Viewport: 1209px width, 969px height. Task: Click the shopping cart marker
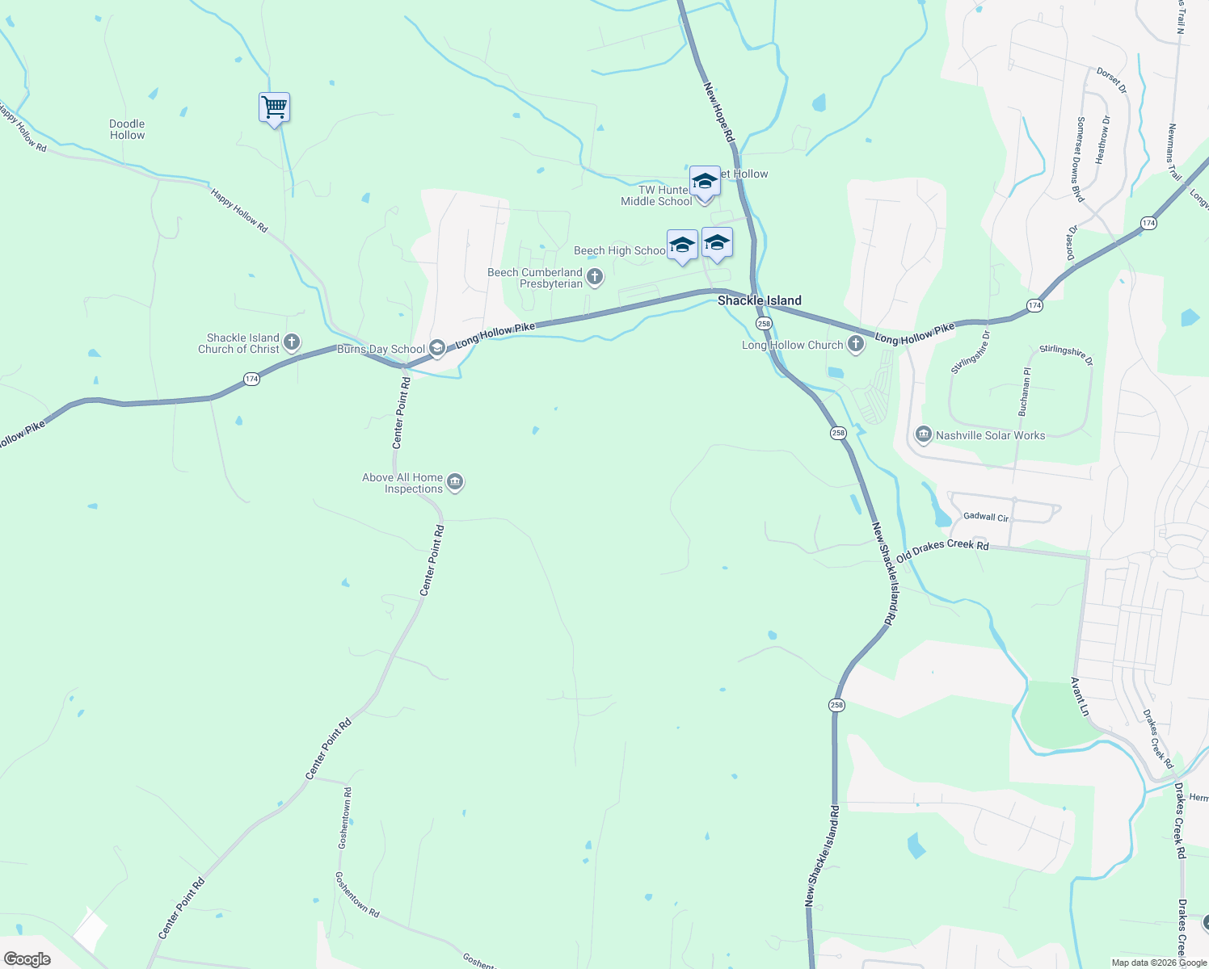(274, 107)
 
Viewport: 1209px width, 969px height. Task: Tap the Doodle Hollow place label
(127, 130)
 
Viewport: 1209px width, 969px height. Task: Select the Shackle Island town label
(760, 300)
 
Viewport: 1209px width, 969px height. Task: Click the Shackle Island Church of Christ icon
(292, 342)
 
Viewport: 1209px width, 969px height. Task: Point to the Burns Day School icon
(437, 348)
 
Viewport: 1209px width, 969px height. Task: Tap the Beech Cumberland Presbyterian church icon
(595, 278)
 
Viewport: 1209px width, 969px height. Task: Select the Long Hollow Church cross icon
(855, 345)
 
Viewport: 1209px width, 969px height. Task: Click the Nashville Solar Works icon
(923, 435)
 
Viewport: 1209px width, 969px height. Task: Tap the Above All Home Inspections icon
(455, 483)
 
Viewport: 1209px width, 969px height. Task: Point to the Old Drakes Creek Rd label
(942, 551)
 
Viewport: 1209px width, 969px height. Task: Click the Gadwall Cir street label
(986, 517)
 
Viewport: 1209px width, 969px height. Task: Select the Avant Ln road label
(1080, 696)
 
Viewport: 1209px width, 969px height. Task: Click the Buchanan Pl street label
(1025, 392)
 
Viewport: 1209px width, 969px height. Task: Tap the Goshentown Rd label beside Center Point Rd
(344, 817)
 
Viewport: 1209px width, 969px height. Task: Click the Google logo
(27, 959)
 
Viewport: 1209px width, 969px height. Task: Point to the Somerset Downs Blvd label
(1080, 159)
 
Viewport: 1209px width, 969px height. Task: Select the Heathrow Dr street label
(1103, 140)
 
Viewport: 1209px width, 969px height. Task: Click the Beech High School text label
(620, 251)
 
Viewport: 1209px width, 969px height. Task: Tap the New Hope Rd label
(718, 113)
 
